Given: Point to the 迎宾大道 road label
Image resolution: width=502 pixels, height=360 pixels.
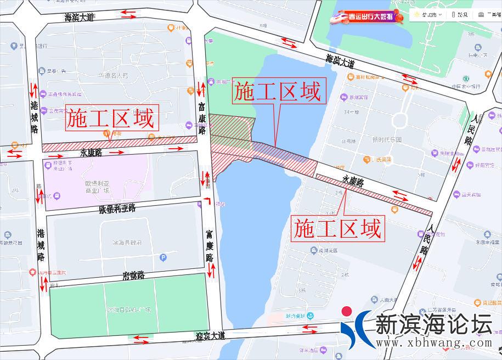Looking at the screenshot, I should coord(211,335).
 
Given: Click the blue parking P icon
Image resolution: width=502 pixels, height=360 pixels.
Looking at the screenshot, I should coord(163,257).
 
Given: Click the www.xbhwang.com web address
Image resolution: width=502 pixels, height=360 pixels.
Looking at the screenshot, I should coord(433,342).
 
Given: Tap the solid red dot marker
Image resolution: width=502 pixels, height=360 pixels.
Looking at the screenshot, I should coord(346,311).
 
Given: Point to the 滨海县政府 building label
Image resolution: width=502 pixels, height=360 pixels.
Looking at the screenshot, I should coord(127,242).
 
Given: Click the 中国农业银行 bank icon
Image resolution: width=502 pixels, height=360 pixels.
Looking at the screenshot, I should coord(466,78).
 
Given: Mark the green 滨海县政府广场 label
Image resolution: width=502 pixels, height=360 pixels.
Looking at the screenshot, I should coord(129,310).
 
